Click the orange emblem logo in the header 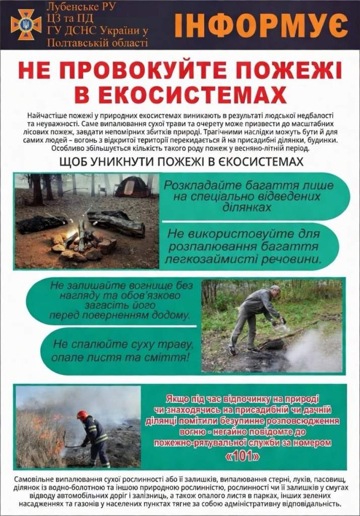[25, 23]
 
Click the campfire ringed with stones [83, 241]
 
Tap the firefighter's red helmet [82, 415]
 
